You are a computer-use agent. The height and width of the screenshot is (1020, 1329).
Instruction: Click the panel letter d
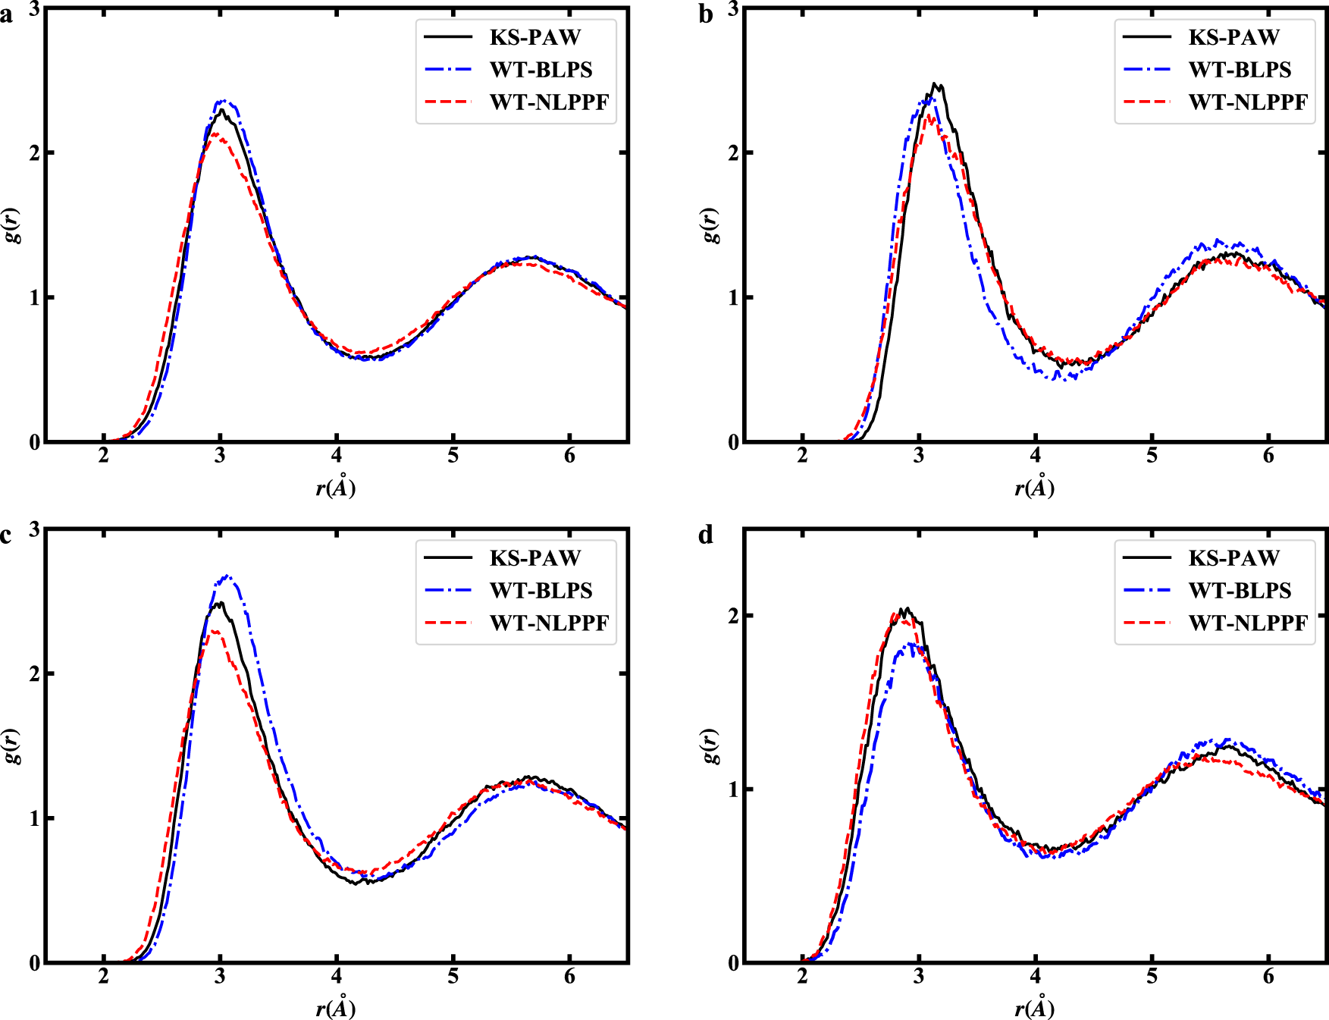pos(705,536)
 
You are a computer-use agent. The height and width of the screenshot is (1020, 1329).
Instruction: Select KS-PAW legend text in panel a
pos(534,37)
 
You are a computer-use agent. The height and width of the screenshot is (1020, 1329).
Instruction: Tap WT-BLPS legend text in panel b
pos(1240,70)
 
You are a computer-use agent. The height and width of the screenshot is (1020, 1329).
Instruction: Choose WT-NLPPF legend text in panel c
pos(549,623)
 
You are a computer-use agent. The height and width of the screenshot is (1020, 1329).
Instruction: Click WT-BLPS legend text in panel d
pos(1240,591)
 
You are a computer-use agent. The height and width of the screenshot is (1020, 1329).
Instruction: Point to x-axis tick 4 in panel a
pos(336,457)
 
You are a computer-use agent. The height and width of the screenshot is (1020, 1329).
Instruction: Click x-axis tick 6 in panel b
pos(1268,457)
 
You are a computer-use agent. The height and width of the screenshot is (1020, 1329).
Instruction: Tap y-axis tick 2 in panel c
pos(34,673)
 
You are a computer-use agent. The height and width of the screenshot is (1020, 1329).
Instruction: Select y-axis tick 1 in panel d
pos(733,789)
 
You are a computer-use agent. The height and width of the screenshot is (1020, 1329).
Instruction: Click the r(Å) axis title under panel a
pos(335,488)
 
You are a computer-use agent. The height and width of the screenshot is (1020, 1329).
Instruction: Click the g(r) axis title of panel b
pos(710,224)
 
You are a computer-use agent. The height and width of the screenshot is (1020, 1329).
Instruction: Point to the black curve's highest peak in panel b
pos(935,84)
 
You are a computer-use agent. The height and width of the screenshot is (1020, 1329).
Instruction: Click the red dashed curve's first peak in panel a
pos(216,134)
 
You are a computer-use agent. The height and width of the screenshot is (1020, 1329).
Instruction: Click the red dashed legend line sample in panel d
pos(1147,623)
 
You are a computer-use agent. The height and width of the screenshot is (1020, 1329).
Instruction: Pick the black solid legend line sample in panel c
pos(448,557)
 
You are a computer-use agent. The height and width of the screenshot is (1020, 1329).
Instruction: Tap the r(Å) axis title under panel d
pos(1034,1009)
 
